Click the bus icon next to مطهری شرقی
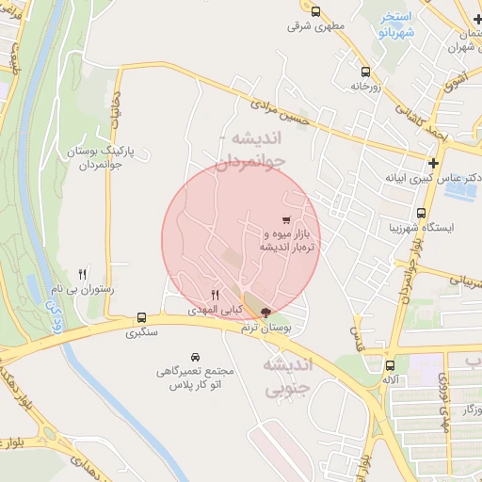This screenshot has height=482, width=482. pyautogui.click(x=314, y=12)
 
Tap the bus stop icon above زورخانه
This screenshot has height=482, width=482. pyautogui.click(x=365, y=71)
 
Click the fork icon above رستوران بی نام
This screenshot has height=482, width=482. pyautogui.click(x=82, y=273)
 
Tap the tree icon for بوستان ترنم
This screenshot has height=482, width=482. pyautogui.click(x=265, y=313)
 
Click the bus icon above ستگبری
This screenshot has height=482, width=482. pyautogui.click(x=141, y=317)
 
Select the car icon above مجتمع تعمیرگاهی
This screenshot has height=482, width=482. pyautogui.click(x=195, y=357)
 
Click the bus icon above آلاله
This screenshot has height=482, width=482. pyautogui.click(x=391, y=364)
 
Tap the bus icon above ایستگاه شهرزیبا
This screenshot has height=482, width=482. pyautogui.click(x=421, y=213)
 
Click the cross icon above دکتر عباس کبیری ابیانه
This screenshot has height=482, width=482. pyautogui.click(x=432, y=163)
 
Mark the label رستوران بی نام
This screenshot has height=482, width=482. pyautogui.click(x=82, y=290)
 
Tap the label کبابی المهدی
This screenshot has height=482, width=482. pyautogui.click(x=216, y=310)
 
